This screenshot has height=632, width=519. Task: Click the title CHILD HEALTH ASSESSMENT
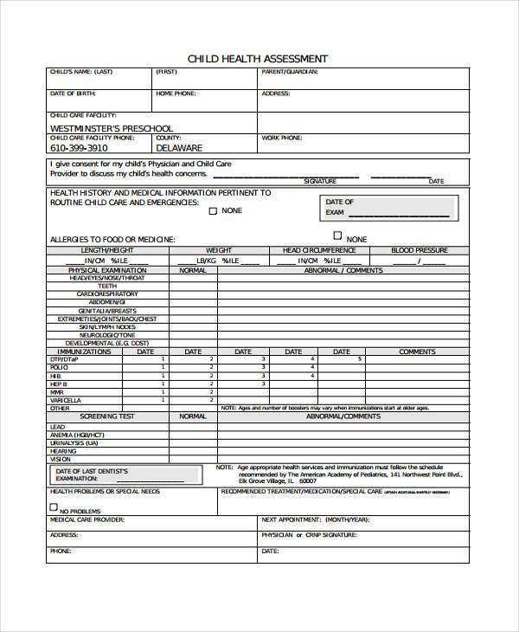[258, 58]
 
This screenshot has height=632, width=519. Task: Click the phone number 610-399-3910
[80, 148]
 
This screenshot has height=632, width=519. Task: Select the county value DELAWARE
[179, 148]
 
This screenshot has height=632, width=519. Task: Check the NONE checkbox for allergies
[337, 235]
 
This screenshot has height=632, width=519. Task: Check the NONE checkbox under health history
[212, 209]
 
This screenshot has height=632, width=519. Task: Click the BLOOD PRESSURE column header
[420, 250]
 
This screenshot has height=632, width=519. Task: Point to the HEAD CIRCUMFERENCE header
[319, 250]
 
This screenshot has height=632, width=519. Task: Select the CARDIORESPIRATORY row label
[107, 293]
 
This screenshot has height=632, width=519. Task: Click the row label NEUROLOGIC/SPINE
[107, 334]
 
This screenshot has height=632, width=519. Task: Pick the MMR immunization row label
[57, 391]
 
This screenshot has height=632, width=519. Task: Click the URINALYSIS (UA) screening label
[74, 442]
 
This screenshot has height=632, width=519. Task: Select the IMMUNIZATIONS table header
[80, 351]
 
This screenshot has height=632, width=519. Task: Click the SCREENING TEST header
[107, 416]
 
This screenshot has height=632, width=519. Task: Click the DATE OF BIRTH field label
[72, 93]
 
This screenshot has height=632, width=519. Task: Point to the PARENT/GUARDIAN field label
[289, 72]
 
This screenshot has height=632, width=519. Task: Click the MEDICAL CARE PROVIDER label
[86, 520]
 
